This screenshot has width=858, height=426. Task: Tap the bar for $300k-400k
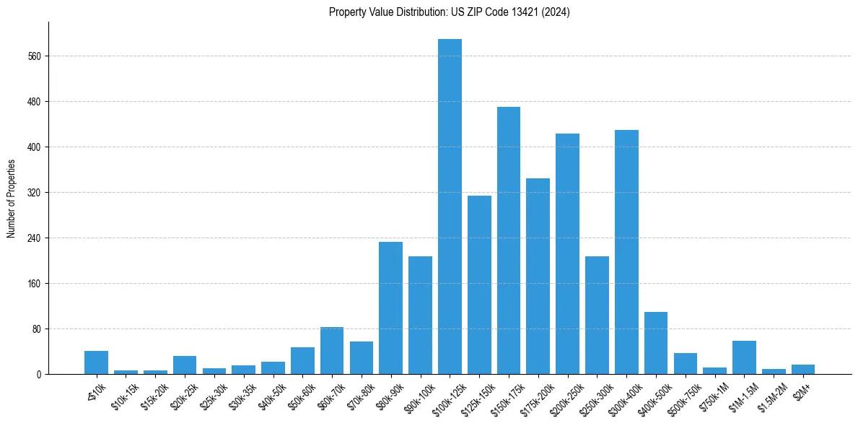626,252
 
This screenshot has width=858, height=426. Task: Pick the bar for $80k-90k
390,308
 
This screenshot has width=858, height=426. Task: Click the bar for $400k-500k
656,343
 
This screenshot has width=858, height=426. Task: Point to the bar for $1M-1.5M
744,357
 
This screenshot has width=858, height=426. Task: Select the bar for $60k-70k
332,350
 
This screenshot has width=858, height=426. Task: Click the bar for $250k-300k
597,315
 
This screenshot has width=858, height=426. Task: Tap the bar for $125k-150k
479,284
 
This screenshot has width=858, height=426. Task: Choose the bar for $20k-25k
185,365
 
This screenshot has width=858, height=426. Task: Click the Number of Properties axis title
11,199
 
